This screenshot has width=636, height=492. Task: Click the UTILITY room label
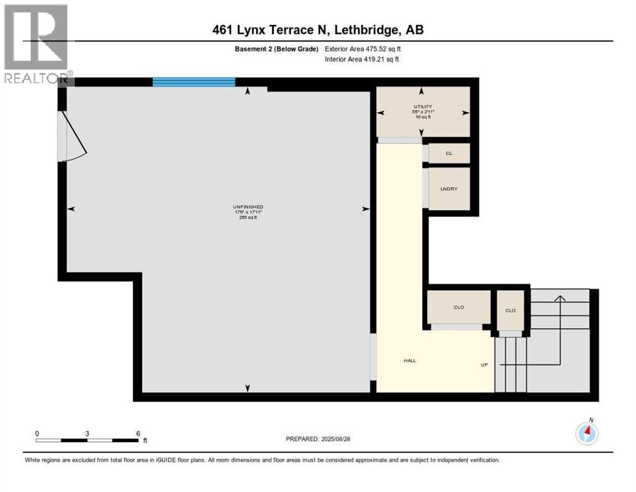click(422, 107)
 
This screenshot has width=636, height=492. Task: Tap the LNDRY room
click(447, 189)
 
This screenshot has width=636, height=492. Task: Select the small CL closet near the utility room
click(449, 154)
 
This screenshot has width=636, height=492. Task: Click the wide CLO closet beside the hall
click(458, 307)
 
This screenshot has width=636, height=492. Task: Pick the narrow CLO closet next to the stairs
click(510, 310)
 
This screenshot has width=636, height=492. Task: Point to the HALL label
click(409, 361)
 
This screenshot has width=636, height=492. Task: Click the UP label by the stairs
click(484, 365)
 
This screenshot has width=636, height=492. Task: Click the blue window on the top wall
click(194, 82)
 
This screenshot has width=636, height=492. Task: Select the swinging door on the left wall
click(72, 136)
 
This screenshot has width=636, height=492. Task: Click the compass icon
click(587, 434)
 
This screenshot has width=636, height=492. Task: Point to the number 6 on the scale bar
click(138, 433)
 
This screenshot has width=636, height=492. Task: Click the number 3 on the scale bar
click(87, 433)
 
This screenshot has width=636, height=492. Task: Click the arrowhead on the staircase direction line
click(560, 299)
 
